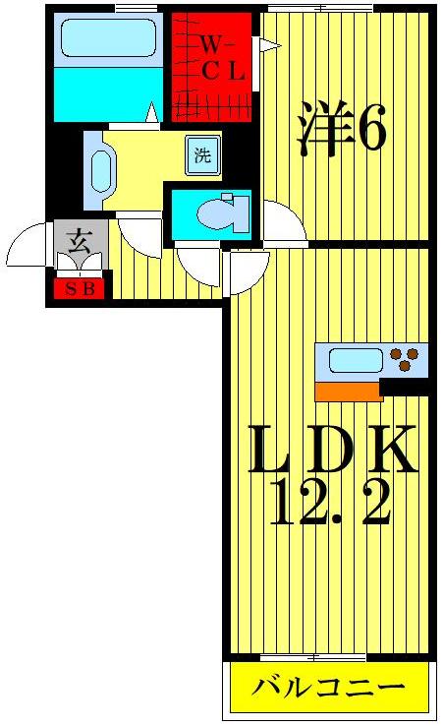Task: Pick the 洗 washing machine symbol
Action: click(202, 155)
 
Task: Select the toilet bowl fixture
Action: click(218, 212)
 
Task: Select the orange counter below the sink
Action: click(348, 392)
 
